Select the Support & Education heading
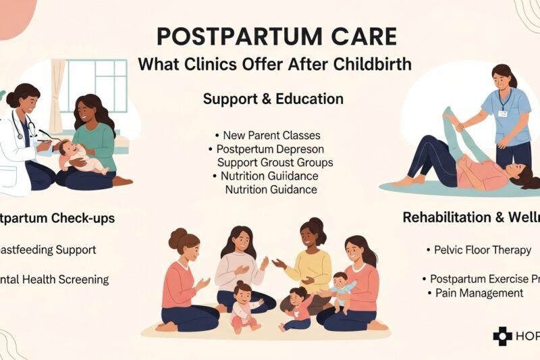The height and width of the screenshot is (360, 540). point(273,99)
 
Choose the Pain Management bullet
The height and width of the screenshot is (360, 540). point(479,292)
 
